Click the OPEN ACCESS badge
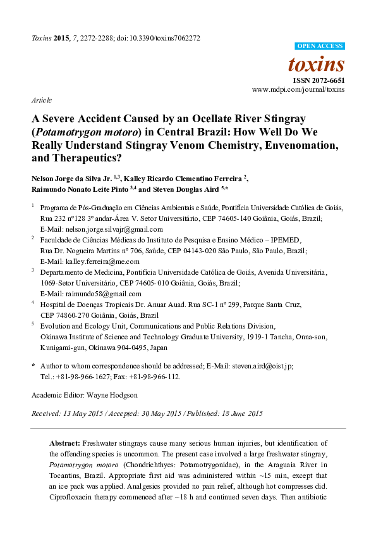[x=320, y=47]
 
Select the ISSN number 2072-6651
[x=327, y=80]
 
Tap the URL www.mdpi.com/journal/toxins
[x=298, y=90]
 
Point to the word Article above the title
[x=41, y=101]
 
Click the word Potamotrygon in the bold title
[x=69, y=132]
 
